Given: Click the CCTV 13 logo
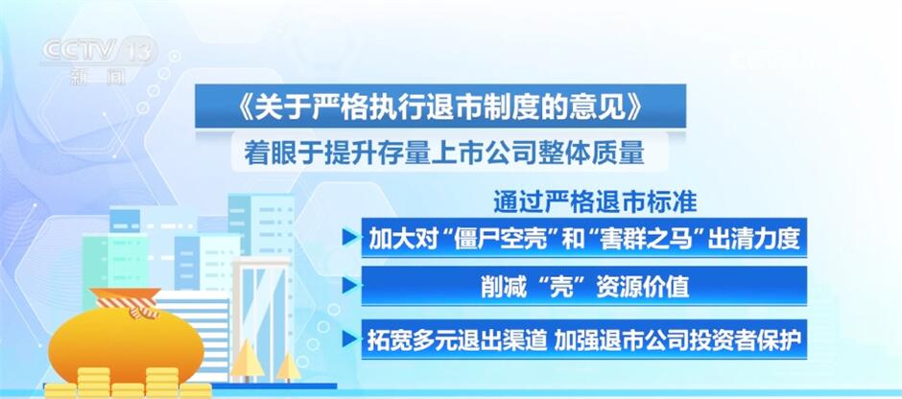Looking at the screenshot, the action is [x=98, y=51].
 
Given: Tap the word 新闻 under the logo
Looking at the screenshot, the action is [x=98, y=77].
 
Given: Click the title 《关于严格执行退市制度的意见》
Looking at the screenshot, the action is [x=439, y=106].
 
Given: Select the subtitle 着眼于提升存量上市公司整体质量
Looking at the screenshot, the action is [x=443, y=153].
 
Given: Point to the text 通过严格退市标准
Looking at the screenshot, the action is [x=595, y=201].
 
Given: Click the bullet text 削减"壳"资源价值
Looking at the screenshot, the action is [x=584, y=287].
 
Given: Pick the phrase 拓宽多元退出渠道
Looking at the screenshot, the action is [x=458, y=340].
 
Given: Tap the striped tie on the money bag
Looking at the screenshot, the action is [x=130, y=305].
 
